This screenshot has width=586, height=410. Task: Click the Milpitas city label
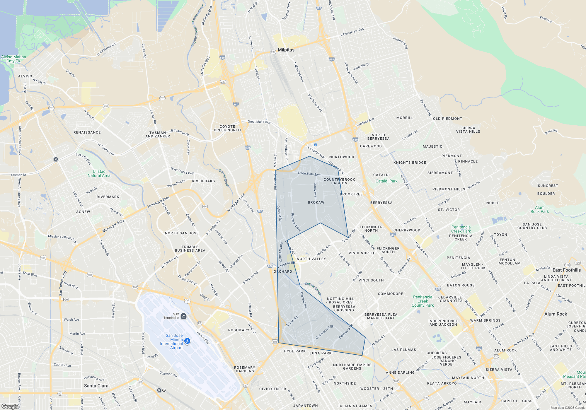coord(286,50)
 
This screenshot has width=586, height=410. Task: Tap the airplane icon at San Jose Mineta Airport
coord(188,341)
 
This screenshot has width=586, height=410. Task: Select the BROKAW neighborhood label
coord(316,202)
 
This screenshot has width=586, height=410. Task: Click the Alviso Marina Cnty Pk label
coord(13,59)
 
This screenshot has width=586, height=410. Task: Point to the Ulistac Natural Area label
coord(99,173)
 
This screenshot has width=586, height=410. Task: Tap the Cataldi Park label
coord(386,181)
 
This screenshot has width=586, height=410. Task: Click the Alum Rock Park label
coord(540,209)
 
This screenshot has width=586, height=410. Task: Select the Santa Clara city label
coord(96,386)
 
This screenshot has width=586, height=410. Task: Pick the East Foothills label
coord(567,270)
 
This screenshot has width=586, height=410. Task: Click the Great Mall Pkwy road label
coord(259,122)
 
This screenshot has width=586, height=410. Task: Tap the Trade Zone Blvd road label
coord(309,174)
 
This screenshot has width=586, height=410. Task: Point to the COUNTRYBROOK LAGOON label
coord(339,181)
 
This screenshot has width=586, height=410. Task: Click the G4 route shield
coord(205,206)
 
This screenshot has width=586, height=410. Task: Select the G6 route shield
coord(66,300)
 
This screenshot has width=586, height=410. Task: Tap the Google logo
coord(10,406)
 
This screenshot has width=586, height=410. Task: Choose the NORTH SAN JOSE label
coord(182,233)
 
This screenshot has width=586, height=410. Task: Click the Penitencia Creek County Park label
coord(423,301)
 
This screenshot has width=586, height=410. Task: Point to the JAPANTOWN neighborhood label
coord(305,406)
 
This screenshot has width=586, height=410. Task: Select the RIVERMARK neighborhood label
coord(108,197)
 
